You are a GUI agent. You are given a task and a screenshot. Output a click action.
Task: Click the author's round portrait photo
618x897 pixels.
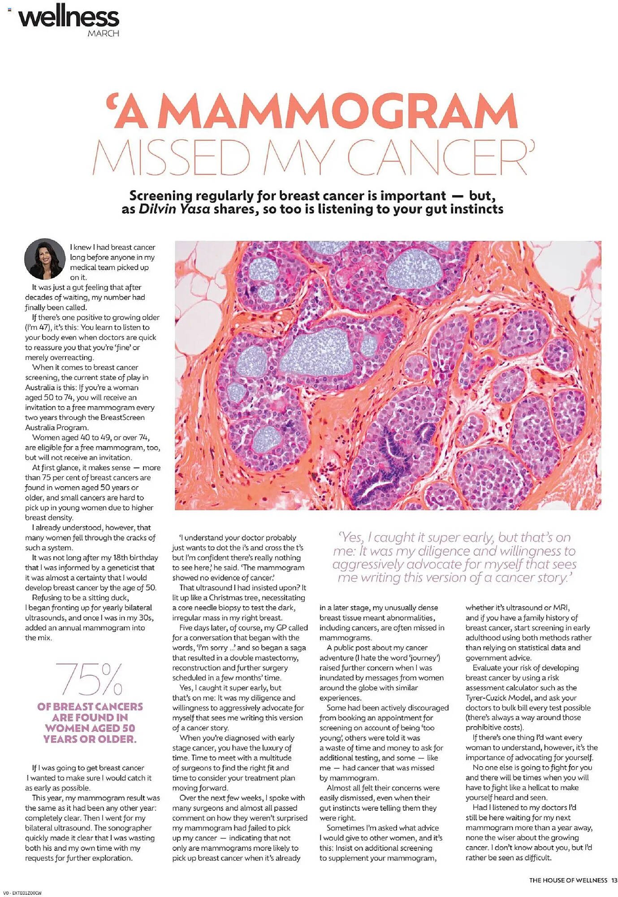(44, 259)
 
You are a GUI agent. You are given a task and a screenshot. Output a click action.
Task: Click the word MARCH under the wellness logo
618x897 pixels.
(104, 34)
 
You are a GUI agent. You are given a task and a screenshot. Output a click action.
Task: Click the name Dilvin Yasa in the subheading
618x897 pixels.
(174, 209)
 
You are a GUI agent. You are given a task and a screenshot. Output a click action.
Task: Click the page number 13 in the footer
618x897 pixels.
(614, 880)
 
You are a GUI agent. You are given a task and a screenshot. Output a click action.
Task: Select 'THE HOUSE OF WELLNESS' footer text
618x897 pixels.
(568, 880)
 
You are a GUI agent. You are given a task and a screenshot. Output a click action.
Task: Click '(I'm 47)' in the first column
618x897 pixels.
(38, 327)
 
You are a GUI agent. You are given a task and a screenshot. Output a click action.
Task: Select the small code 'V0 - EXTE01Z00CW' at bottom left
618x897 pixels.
(22, 893)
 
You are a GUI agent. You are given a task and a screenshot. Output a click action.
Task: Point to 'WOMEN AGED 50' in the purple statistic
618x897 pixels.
(90, 728)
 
